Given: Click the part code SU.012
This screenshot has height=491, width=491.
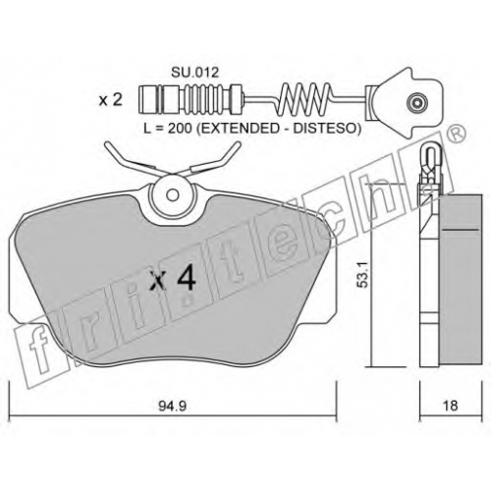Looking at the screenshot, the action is pos(194,73).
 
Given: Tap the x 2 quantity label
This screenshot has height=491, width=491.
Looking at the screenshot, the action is pos(110,100).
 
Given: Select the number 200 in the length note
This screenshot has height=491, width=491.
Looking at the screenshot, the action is pos(180,129).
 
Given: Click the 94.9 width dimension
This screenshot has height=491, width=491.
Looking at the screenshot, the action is pos(173,407).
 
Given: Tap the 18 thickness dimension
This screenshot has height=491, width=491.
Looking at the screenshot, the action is pos(450,406).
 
